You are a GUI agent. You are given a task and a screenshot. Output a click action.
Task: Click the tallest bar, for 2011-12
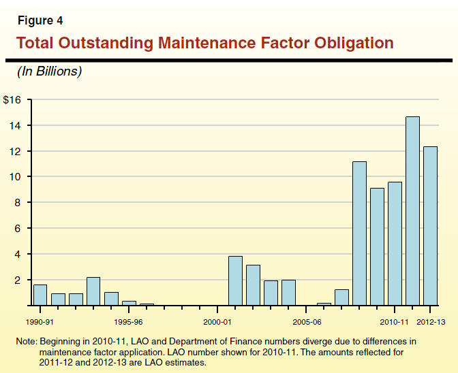(412, 211)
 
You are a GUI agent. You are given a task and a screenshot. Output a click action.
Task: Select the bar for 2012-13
(430, 226)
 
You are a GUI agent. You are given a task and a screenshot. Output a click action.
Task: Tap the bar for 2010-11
(395, 244)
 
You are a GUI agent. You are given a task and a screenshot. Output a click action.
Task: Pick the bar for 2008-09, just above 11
(359, 233)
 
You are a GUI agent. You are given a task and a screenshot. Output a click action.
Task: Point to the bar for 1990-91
(40, 295)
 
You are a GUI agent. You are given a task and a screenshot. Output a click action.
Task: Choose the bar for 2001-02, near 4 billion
(235, 280)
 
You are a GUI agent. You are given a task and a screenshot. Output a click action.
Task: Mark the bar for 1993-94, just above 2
(93, 291)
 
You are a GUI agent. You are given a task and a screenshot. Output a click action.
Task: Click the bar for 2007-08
(341, 297)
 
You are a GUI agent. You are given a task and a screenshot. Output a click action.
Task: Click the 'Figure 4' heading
(40, 20)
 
